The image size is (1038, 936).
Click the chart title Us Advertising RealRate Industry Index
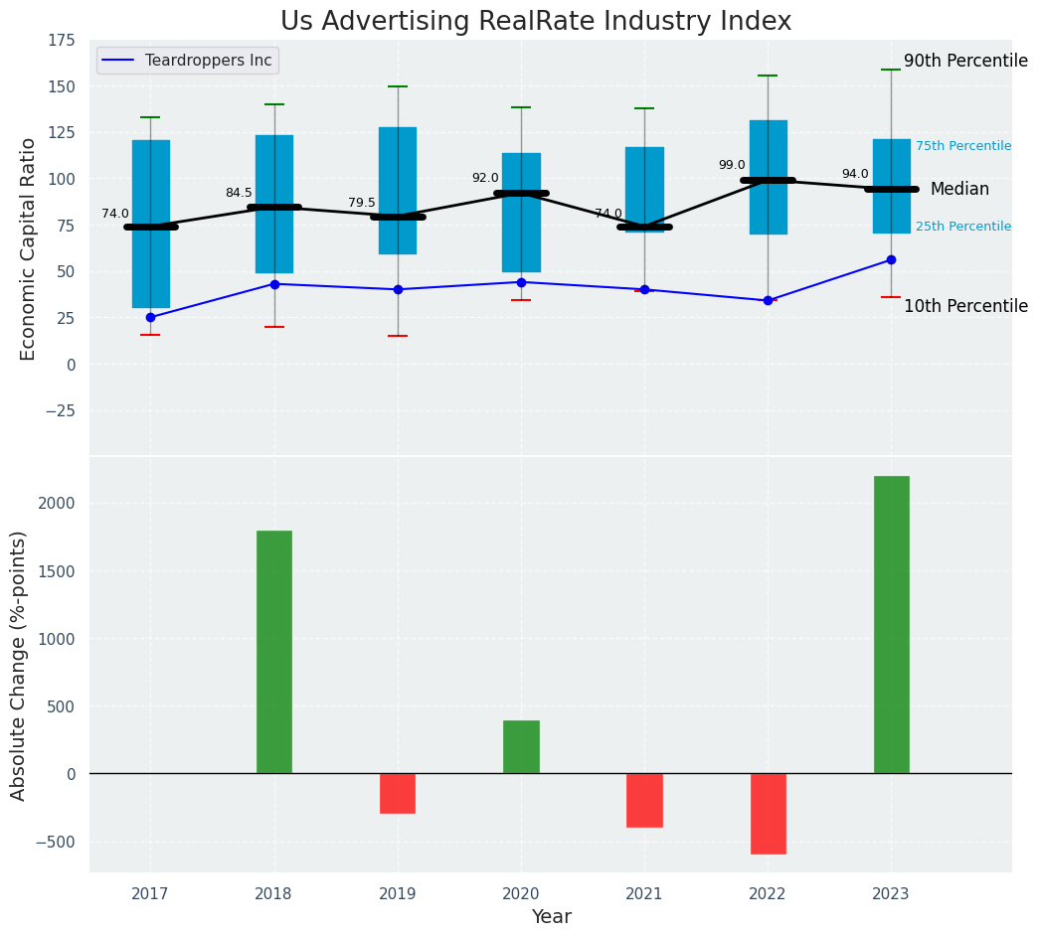coord(536,22)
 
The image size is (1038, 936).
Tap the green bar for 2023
coord(891,624)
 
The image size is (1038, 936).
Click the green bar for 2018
coord(274,652)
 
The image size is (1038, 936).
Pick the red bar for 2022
coord(768,814)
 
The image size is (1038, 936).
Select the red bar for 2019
coord(398,793)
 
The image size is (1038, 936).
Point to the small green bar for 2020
coord(521,746)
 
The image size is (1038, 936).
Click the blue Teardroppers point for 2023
coord(891,260)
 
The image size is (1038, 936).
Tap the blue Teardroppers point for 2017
coord(150,318)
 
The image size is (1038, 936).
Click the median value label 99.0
coord(731,166)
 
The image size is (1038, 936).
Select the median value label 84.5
coord(239,194)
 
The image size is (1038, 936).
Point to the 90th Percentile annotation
coord(965,62)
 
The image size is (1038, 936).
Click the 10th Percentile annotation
coord(965,307)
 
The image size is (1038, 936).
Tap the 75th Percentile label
coord(962,146)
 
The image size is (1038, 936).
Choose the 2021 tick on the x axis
coord(644,893)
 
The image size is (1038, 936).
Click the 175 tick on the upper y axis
coord(61,41)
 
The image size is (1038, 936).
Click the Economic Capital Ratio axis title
coord(29,248)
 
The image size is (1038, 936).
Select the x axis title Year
coord(551,917)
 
